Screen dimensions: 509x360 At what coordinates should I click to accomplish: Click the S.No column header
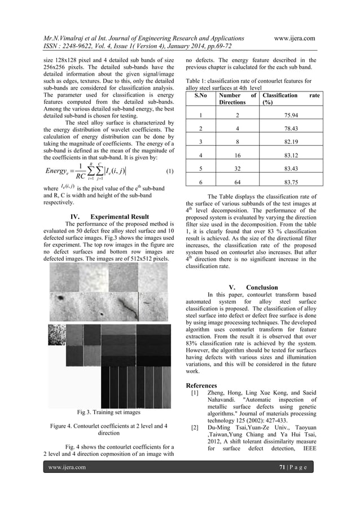pyautogui.click(x=200, y=96)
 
